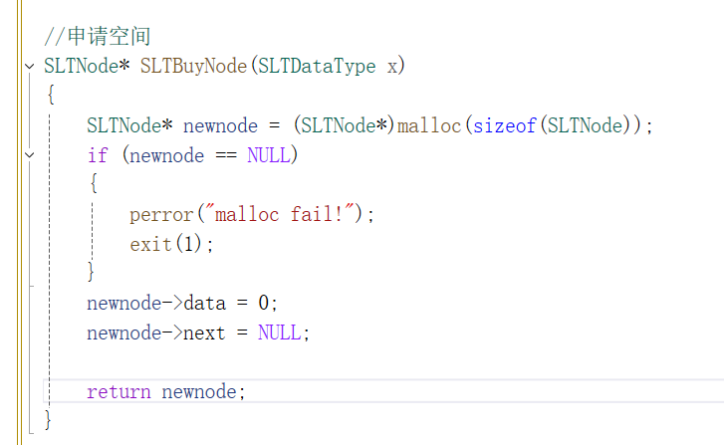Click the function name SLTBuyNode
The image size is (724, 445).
tap(194, 67)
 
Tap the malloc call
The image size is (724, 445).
tap(429, 126)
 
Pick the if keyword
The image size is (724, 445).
tap(98, 155)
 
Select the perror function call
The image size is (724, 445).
tap(161, 214)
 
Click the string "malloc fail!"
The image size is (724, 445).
tap(280, 214)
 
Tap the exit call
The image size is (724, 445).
tap(150, 244)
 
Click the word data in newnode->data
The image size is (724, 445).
tap(204, 303)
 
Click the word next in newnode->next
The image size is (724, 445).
tap(204, 333)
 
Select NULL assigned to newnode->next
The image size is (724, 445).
tap(279, 333)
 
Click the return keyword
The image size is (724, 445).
tap(119, 391)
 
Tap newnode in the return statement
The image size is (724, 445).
tap(199, 391)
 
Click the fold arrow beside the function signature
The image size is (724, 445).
tap(29, 67)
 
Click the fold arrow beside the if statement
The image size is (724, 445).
tap(29, 155)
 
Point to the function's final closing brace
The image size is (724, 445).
tap(48, 419)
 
